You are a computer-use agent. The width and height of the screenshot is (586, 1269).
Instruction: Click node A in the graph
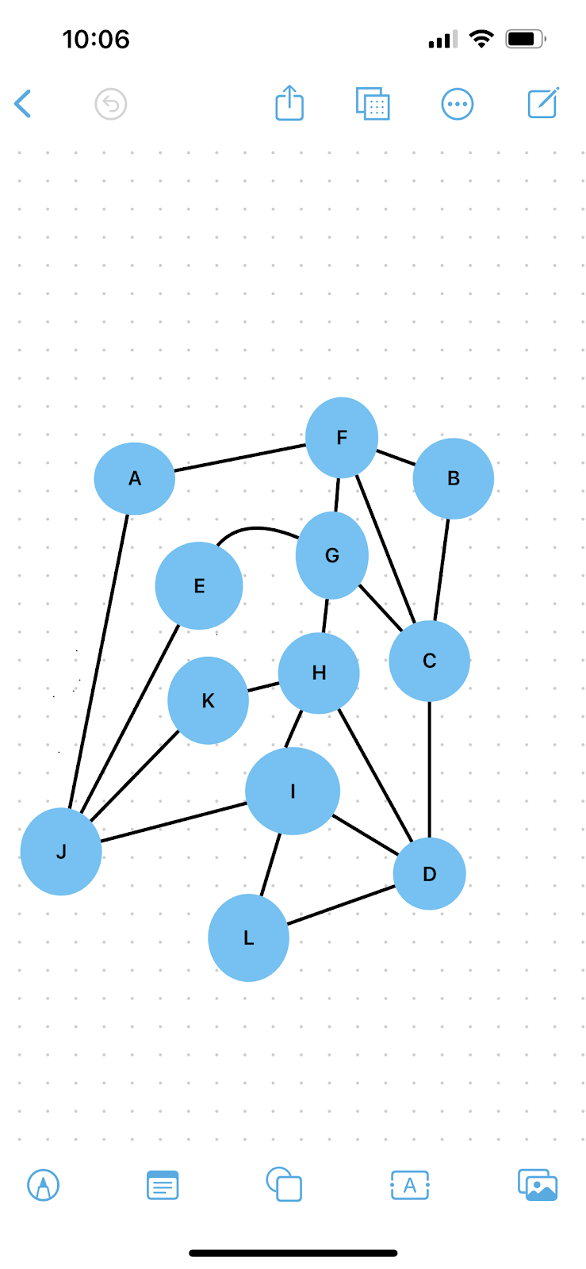[134, 478]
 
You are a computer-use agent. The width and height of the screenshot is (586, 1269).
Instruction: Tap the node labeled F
[342, 438]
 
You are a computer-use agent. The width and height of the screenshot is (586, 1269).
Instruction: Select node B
[453, 478]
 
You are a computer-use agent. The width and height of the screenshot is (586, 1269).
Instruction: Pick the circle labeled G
[331, 555]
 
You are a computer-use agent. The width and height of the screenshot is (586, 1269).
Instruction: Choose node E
[199, 586]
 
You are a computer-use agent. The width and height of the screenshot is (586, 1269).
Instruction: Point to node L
[248, 937]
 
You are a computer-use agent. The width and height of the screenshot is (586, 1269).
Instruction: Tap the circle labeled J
[61, 852]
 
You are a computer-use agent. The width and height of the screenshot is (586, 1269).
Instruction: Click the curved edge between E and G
[255, 528]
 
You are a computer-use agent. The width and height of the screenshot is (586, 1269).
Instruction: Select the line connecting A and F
[239, 458]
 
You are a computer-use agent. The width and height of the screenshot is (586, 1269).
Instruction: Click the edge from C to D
[430, 769]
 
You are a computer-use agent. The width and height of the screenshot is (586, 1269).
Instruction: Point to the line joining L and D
[341, 905]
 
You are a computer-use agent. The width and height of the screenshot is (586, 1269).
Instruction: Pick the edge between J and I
[174, 822]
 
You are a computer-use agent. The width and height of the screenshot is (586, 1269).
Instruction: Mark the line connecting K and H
[263, 687]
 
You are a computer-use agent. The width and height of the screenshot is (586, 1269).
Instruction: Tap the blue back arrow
[23, 104]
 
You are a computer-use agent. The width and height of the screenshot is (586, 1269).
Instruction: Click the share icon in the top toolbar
[289, 103]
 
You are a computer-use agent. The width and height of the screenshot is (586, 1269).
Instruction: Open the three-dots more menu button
[458, 104]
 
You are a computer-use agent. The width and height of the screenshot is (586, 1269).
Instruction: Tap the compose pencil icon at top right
[543, 103]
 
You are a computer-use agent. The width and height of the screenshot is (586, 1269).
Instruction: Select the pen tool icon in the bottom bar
[44, 1186]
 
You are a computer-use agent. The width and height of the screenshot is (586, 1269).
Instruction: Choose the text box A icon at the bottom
[410, 1186]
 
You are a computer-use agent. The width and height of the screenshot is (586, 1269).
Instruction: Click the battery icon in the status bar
[525, 39]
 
